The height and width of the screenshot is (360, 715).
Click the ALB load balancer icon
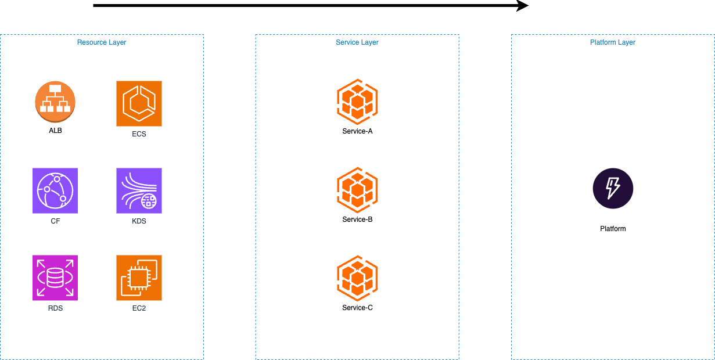pos(55,101)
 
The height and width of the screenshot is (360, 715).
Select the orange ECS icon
pos(139,103)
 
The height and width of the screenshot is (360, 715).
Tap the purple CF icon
pos(55,190)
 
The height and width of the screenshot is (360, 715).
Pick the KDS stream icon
pos(139,190)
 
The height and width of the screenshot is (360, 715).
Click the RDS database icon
pos(55,278)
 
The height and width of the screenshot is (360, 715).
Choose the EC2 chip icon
pos(139,278)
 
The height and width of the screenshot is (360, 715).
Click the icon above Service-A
pos(357,102)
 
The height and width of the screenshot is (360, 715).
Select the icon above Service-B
pos(357,190)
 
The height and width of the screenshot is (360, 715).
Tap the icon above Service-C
pos(357,278)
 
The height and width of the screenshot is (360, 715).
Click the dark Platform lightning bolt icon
pos(613,188)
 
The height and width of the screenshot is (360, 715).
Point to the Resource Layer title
pos(102,42)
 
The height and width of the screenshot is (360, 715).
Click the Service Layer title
pos(357,42)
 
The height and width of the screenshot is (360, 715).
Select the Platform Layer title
pos(613,42)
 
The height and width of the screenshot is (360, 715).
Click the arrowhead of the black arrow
pos(523,6)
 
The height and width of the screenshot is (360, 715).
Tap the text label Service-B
pos(357,219)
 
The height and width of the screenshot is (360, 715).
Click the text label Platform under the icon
pos(613,229)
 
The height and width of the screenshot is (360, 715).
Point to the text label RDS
pos(55,308)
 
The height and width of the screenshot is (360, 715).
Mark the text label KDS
pos(139,221)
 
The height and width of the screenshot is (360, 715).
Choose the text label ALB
pos(55,131)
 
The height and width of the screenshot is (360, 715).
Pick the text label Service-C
pos(357,308)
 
